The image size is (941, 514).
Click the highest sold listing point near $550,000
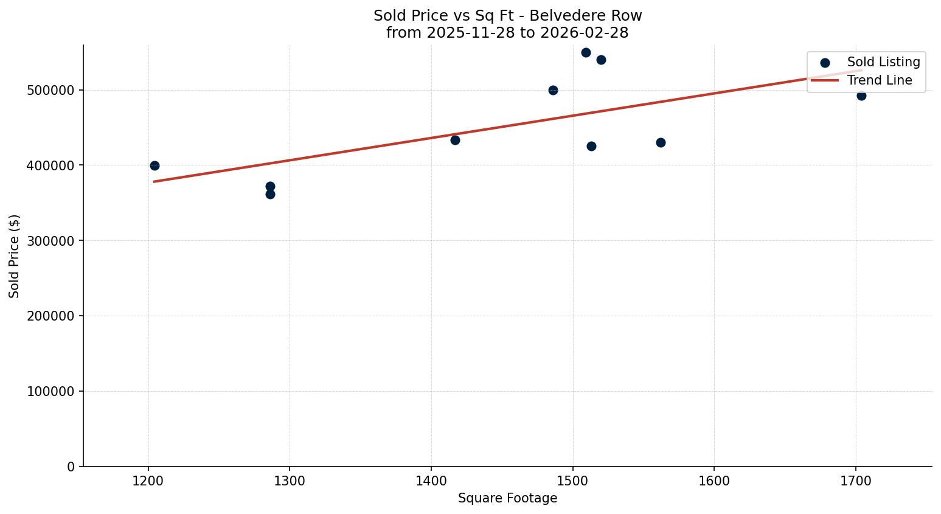pyautogui.click(x=586, y=52)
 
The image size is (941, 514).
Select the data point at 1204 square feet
pyautogui.click(x=155, y=165)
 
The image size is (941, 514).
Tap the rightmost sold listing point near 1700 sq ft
pyautogui.click(x=861, y=96)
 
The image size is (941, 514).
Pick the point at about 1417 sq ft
pyautogui.click(x=455, y=140)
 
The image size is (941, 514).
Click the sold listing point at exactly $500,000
pyautogui.click(x=553, y=90)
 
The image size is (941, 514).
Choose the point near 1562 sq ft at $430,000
pyautogui.click(x=661, y=142)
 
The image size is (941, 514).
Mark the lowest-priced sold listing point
pyautogui.click(x=270, y=194)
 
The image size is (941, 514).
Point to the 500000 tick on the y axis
pyautogui.click(x=51, y=90)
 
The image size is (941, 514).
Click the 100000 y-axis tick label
pyautogui.click(x=51, y=391)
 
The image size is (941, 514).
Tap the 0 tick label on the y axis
pyautogui.click(x=71, y=467)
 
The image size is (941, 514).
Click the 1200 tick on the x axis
pyautogui.click(x=148, y=481)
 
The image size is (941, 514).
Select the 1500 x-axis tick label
pyautogui.click(x=572, y=481)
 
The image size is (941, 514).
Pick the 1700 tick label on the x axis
pyautogui.click(x=856, y=481)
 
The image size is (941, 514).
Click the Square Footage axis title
pyautogui.click(x=507, y=499)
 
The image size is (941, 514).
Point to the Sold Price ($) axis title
pyautogui.click(x=15, y=256)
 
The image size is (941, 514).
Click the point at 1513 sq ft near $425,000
pyautogui.click(x=591, y=146)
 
